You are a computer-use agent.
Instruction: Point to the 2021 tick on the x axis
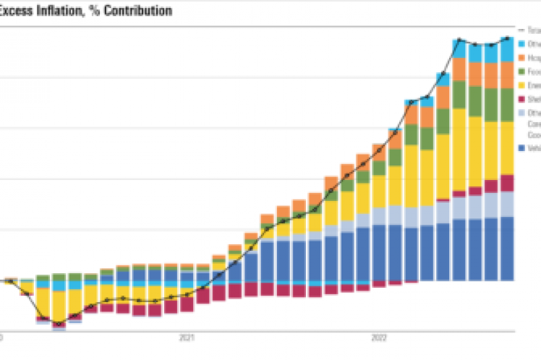point(187,337)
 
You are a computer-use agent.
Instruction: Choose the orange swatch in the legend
point(522,58)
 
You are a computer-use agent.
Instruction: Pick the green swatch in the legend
point(522,72)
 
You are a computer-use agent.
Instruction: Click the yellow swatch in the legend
point(522,85)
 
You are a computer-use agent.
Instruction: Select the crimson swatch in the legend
point(522,99)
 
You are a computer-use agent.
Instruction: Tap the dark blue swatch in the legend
point(522,147)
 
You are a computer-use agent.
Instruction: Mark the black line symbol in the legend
point(522,30)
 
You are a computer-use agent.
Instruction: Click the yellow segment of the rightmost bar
point(508,147)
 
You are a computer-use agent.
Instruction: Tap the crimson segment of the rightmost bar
point(508,182)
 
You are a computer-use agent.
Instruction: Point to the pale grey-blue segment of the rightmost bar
point(508,204)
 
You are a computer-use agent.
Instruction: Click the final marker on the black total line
point(508,38)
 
